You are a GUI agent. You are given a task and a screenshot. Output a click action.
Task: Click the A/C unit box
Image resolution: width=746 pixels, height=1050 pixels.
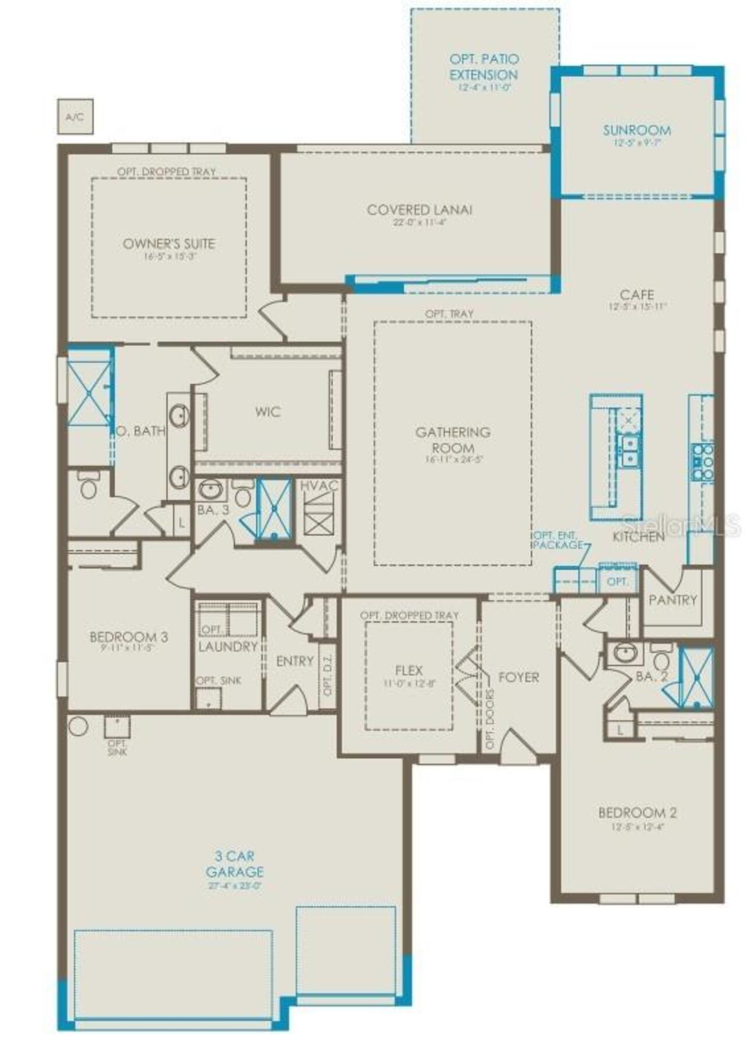pyautogui.click(x=75, y=116)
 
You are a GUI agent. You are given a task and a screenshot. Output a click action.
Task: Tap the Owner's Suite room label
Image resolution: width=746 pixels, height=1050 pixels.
pyautogui.click(x=169, y=243)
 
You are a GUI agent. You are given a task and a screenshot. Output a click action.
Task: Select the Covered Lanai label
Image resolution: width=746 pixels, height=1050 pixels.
pyautogui.click(x=419, y=210)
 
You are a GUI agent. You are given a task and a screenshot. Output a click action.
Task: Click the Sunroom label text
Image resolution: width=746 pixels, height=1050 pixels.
pyautogui.click(x=636, y=130)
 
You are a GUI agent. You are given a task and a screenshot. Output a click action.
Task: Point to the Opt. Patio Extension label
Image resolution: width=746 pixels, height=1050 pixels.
pyautogui.click(x=483, y=67)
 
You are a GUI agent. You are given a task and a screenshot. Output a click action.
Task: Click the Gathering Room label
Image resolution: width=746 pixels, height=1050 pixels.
pyautogui.click(x=453, y=440)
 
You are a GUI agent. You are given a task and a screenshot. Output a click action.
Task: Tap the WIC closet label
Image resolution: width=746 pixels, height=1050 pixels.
pyautogui.click(x=268, y=412)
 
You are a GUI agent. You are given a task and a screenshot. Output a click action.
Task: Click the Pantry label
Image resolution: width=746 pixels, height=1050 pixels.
pyautogui.click(x=673, y=599)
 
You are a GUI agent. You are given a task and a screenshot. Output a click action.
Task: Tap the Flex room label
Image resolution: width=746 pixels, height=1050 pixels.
pyautogui.click(x=409, y=670)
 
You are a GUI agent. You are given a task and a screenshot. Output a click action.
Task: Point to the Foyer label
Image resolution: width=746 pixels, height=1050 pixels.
pyautogui.click(x=518, y=677)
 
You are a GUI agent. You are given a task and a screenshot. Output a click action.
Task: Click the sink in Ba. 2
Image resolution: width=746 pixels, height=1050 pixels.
pyautogui.click(x=625, y=653)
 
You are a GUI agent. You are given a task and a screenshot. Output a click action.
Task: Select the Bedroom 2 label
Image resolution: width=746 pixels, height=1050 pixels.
pyautogui.click(x=637, y=812)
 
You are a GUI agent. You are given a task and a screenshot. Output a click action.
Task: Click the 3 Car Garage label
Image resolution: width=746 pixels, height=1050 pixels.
pyautogui.click(x=234, y=864)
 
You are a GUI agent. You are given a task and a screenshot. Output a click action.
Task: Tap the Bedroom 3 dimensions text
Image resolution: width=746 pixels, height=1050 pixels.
pyautogui.click(x=128, y=648)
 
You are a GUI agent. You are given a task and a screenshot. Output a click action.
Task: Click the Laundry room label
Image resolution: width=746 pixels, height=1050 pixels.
pyautogui.click(x=228, y=646)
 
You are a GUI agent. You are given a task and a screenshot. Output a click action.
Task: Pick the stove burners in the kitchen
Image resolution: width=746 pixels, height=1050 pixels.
pyautogui.click(x=702, y=462)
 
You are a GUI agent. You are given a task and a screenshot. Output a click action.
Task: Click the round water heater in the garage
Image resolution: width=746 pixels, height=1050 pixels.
pyautogui.click(x=78, y=726)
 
